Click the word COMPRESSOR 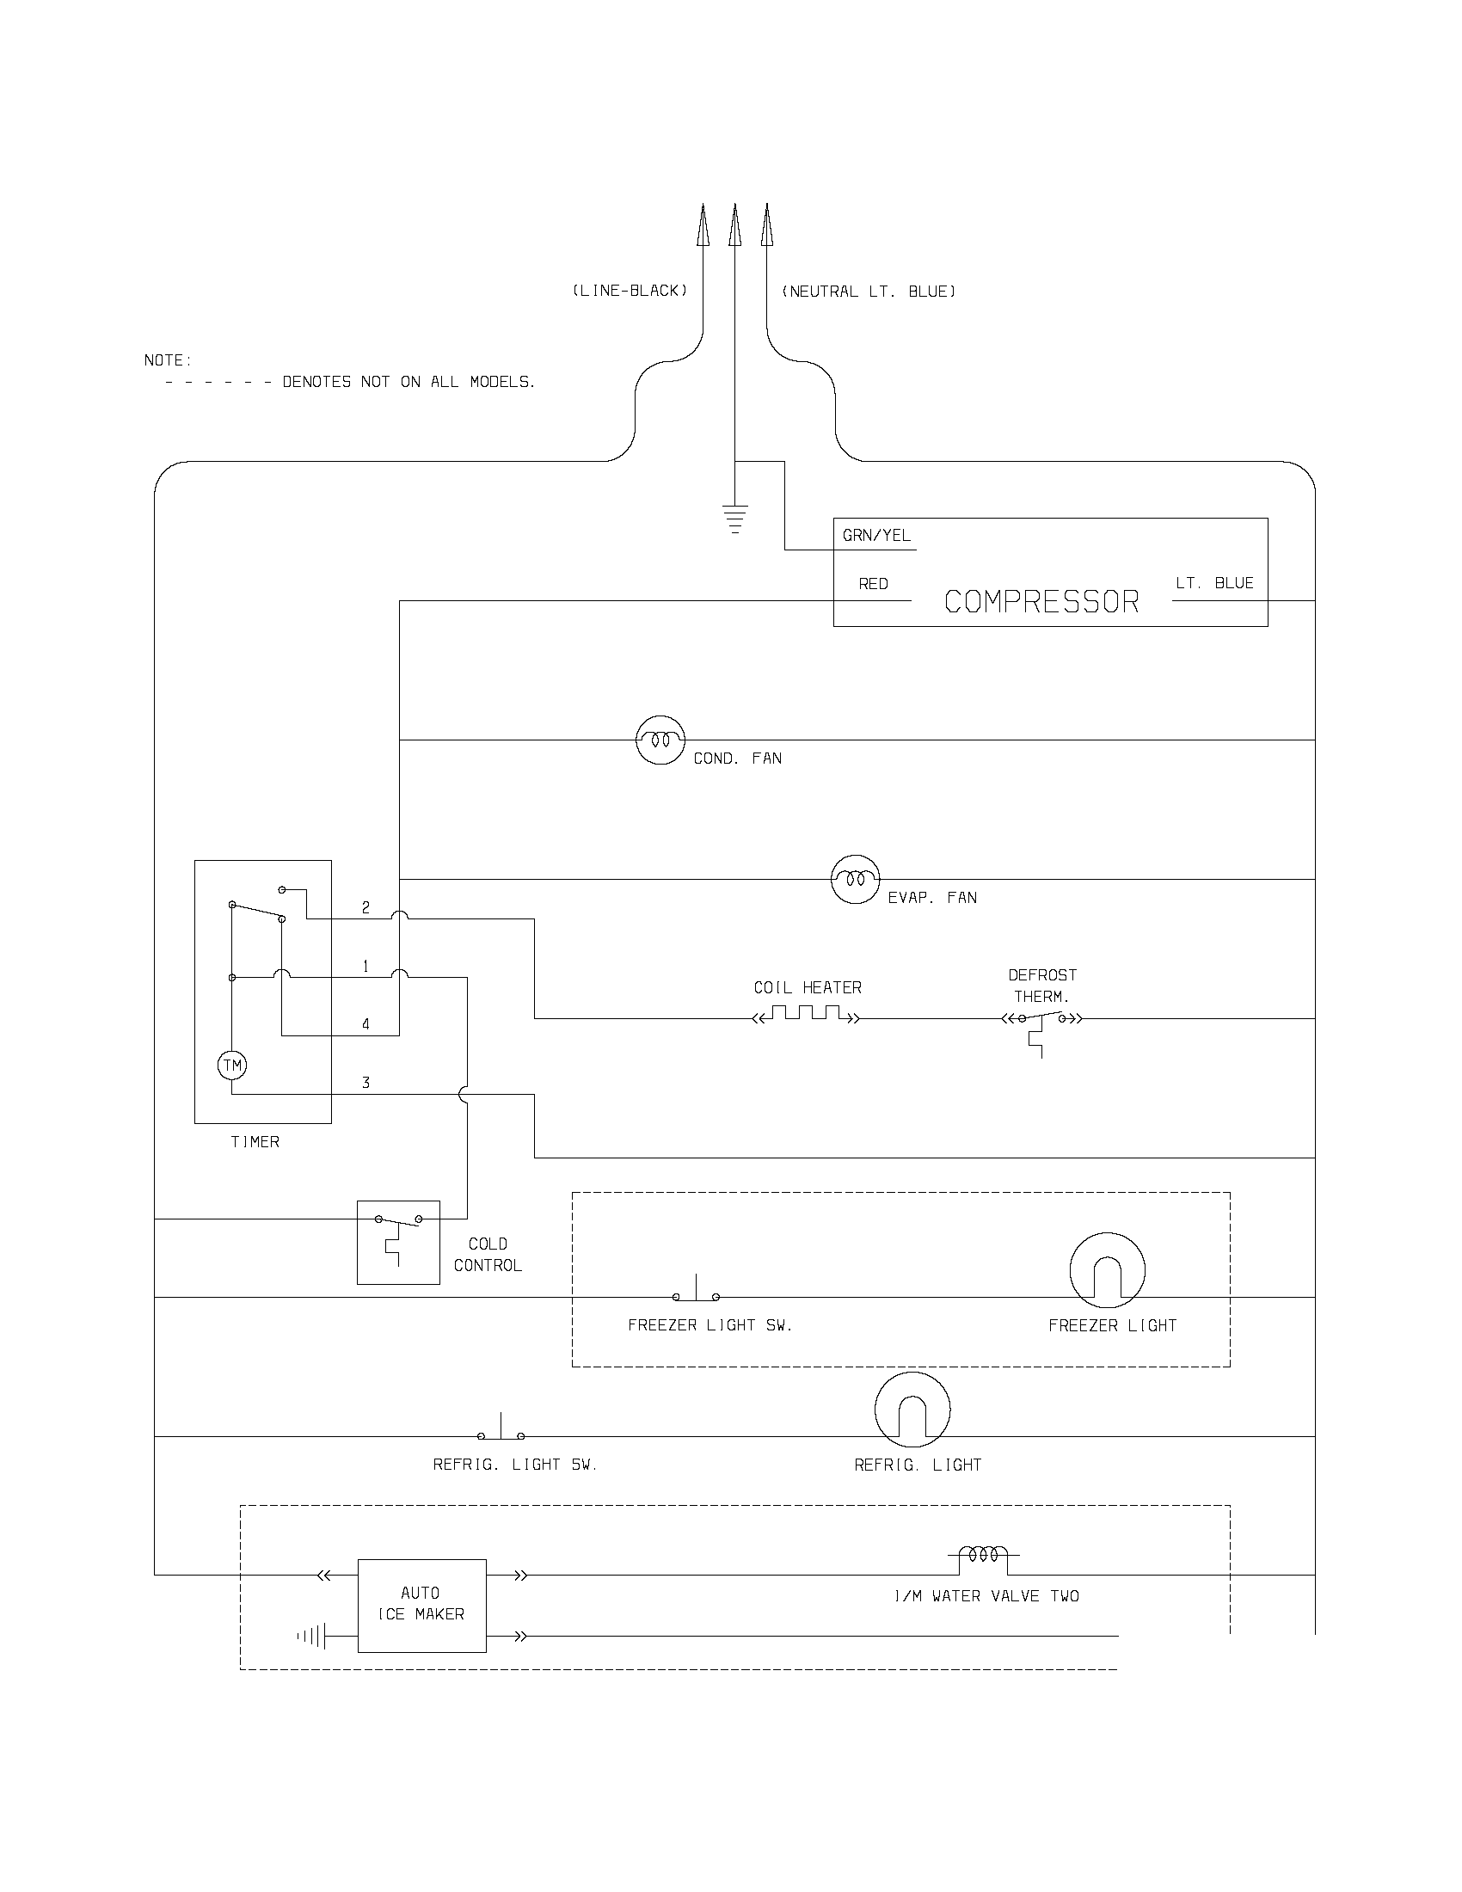point(1041,601)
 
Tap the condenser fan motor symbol point(660,740)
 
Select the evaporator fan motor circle point(855,879)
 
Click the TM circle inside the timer point(232,1065)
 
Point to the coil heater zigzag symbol point(808,1015)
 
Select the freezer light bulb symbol point(1107,1271)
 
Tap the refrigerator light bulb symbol point(912,1410)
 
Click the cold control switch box point(398,1241)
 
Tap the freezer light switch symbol point(697,1291)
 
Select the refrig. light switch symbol point(501,1429)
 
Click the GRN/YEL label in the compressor point(876,536)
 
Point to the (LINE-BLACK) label point(630,291)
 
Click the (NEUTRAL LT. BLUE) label point(869,292)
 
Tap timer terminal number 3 point(365,1083)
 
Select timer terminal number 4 point(365,1024)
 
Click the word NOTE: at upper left point(168,360)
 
